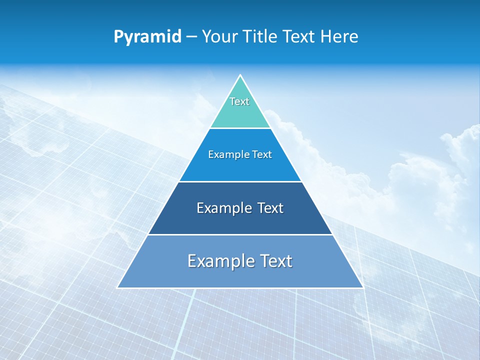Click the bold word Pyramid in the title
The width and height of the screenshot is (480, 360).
point(147,37)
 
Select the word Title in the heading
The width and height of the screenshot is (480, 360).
point(261,37)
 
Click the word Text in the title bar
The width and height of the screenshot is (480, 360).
point(299,37)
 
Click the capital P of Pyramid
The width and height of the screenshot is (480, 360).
point(118,37)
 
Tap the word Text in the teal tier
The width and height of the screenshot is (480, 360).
point(239,101)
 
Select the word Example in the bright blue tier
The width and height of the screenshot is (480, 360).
point(226,154)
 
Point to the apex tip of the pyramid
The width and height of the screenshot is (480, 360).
point(240,75)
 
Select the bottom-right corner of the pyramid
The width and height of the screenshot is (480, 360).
point(362,287)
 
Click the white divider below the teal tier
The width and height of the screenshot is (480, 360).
point(240,128)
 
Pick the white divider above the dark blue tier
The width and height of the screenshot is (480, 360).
point(240,181)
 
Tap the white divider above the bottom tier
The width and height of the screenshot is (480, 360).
point(240,234)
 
